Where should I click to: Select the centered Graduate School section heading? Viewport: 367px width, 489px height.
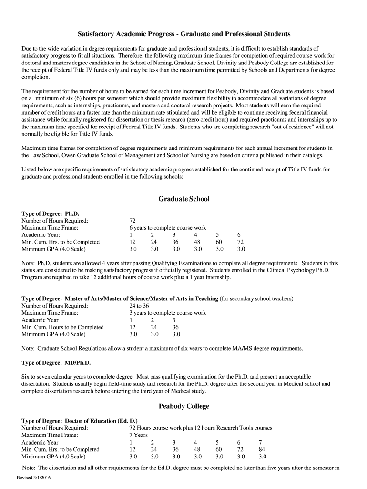(x=184, y=199)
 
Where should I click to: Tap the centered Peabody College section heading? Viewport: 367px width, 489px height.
(x=184, y=406)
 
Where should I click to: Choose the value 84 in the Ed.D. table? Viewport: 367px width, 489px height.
(x=262, y=449)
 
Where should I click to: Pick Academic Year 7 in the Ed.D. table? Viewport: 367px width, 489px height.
(x=260, y=442)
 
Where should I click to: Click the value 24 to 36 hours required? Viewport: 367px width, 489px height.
(x=139, y=306)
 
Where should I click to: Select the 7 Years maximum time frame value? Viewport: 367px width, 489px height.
(x=138, y=435)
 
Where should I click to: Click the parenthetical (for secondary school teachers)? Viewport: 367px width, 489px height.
(x=256, y=298)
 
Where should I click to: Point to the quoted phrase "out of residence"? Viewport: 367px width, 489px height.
(x=293, y=127)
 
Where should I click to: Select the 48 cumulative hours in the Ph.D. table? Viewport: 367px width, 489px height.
(x=197, y=242)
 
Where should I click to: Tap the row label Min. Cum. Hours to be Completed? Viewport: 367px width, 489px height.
(x=62, y=327)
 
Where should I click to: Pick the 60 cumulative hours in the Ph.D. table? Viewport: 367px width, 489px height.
(x=219, y=242)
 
